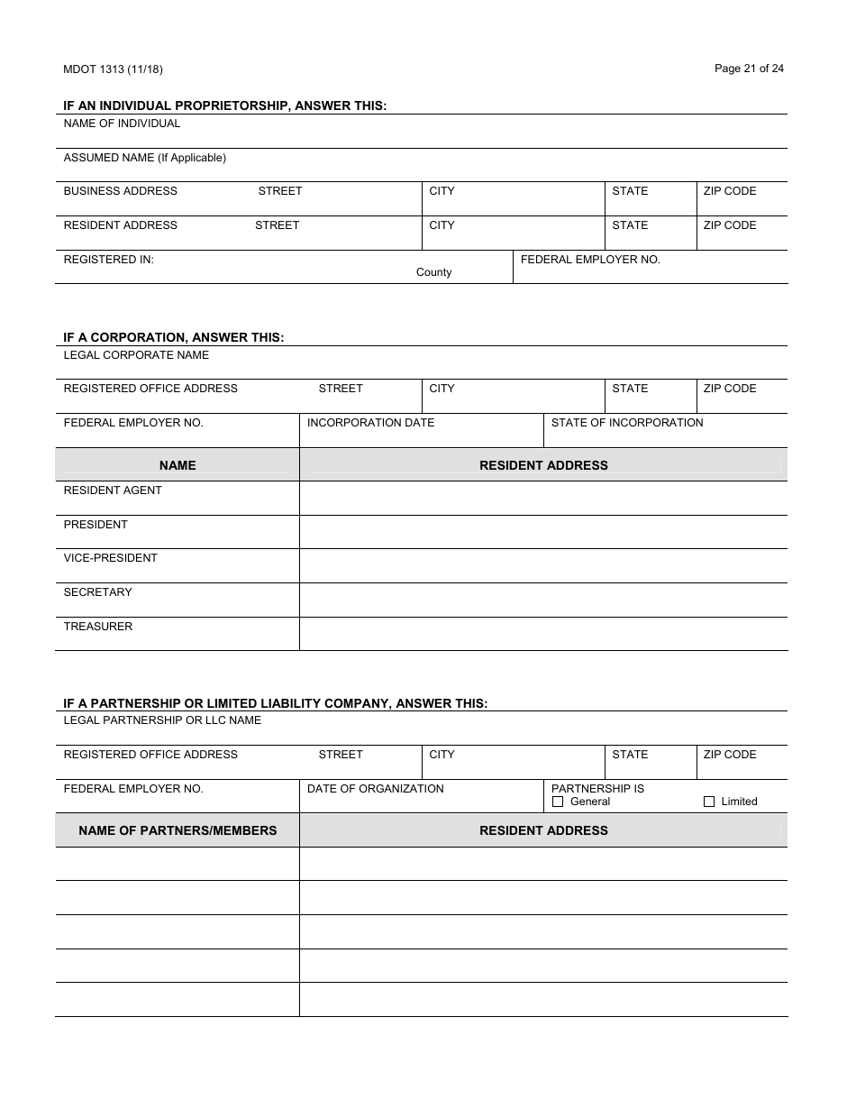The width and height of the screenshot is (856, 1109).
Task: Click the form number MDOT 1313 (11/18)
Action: point(113,69)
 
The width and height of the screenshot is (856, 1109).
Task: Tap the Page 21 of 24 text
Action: point(749,69)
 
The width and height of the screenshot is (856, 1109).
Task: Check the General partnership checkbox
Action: point(558,802)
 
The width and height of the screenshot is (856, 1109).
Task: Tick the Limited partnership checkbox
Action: point(708,802)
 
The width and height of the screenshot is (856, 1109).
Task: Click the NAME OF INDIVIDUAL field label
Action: point(122,124)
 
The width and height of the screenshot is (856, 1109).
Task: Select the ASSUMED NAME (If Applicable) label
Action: point(144,158)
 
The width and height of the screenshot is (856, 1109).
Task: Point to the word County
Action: point(433,272)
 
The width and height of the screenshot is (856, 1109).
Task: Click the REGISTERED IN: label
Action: point(108,260)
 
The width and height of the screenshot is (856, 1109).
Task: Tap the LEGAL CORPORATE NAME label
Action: point(136,355)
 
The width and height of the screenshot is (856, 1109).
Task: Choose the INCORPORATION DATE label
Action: point(370,423)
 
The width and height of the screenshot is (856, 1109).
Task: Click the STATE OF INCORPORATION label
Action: point(627,423)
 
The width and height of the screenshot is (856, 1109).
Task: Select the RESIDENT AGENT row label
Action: point(113,490)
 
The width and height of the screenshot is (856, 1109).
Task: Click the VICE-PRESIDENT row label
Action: point(110,558)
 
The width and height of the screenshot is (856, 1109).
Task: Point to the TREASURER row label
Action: point(97,627)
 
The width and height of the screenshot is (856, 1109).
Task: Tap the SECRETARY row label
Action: point(97,592)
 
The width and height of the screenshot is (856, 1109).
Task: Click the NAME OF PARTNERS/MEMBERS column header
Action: point(178,830)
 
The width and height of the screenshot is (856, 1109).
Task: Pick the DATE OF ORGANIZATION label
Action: point(375,789)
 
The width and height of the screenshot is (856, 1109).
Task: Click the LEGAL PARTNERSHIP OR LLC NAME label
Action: point(162,720)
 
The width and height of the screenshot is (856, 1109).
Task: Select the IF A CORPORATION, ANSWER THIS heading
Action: point(173,337)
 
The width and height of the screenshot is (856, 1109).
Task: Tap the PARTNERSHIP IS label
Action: point(597,789)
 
